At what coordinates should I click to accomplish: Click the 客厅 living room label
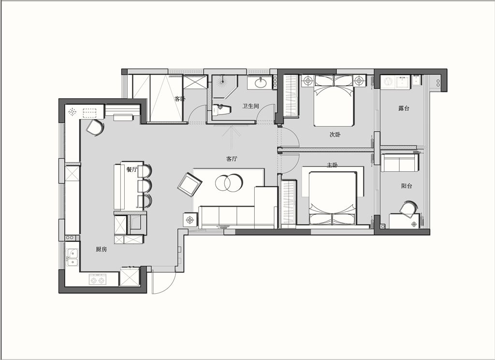[232, 159]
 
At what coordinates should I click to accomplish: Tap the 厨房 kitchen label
[102, 249]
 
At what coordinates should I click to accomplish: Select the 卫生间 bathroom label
[251, 106]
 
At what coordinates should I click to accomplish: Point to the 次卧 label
[335, 135]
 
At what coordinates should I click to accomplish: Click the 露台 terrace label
[404, 108]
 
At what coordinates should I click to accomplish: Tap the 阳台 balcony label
[407, 186]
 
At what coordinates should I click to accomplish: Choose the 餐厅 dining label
[132, 169]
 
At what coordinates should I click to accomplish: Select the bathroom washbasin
[261, 83]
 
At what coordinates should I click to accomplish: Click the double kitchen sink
[73, 257]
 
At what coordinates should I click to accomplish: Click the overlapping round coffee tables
[229, 183]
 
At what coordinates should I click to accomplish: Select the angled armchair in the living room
[189, 184]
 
